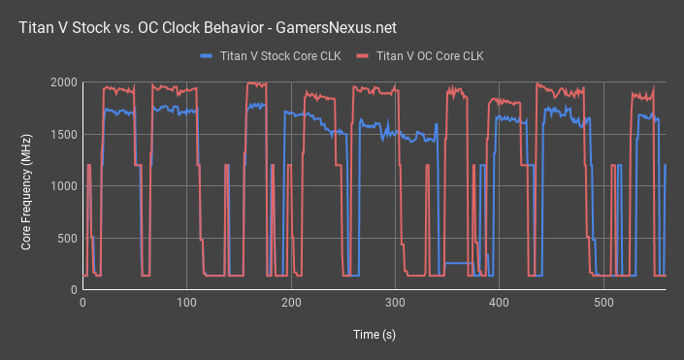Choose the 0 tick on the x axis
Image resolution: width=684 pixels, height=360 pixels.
[82, 304]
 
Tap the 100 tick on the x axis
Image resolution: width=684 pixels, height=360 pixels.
[186, 304]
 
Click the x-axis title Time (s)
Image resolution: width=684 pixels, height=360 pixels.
[374, 335]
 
